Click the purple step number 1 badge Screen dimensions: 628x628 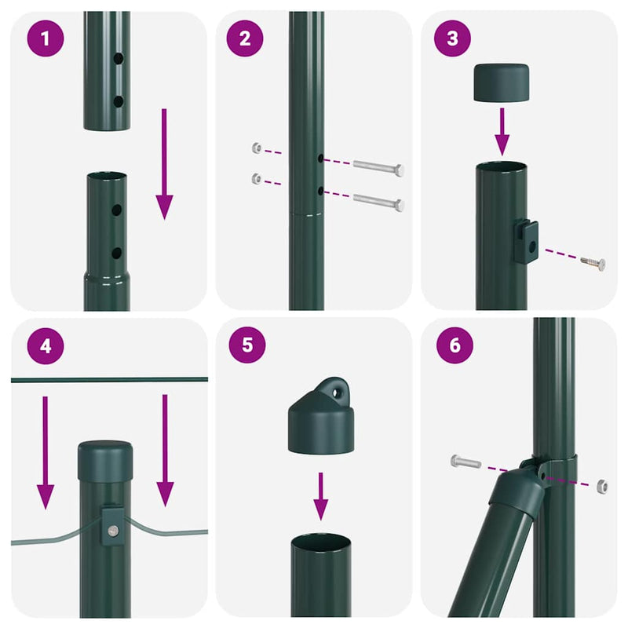point(46,38)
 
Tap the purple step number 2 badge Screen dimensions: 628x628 point(244,38)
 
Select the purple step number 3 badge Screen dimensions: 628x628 point(452,38)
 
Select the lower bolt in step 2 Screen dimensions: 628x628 point(378,202)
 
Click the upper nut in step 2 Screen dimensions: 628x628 point(257,148)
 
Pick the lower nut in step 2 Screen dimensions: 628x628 point(257,179)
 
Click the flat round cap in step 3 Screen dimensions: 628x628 point(502,84)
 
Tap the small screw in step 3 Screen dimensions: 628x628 point(593,263)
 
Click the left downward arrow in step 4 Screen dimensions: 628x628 point(46,451)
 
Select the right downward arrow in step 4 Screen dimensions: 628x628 point(164,451)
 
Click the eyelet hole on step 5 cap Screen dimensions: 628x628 point(339,389)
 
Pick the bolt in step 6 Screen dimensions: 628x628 point(466,462)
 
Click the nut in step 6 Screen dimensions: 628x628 point(602,484)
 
